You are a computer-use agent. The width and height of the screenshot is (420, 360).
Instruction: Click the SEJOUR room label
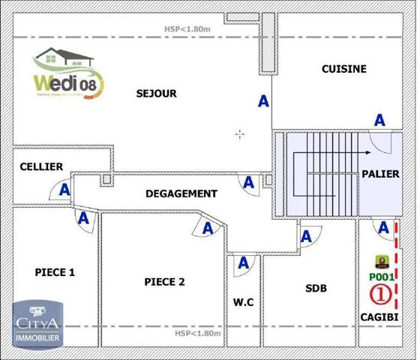pos(156,94)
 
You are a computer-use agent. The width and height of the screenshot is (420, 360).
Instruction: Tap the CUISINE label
pos(343,69)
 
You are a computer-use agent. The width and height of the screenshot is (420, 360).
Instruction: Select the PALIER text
pos(380,174)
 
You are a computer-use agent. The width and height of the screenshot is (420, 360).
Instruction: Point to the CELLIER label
pos(41,166)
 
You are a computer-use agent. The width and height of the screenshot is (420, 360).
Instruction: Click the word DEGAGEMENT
pos(181,193)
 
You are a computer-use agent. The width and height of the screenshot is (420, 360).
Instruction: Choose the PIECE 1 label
pos(55,272)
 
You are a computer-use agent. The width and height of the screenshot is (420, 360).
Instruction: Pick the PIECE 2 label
pos(163,282)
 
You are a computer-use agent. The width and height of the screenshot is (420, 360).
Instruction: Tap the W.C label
pos(243,302)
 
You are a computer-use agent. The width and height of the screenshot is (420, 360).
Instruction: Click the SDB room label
pos(316,288)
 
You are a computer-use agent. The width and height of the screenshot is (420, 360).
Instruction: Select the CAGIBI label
pos(379,317)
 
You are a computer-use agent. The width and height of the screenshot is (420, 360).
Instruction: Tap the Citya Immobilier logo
pos(37,323)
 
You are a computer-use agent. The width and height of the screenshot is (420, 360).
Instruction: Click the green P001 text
pos(382,277)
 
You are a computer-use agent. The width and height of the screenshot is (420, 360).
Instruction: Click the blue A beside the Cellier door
pos(64,190)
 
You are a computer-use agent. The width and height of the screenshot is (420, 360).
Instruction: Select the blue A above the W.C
pos(242,262)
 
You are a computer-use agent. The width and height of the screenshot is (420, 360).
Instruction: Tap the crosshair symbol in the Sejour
pos(240,135)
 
